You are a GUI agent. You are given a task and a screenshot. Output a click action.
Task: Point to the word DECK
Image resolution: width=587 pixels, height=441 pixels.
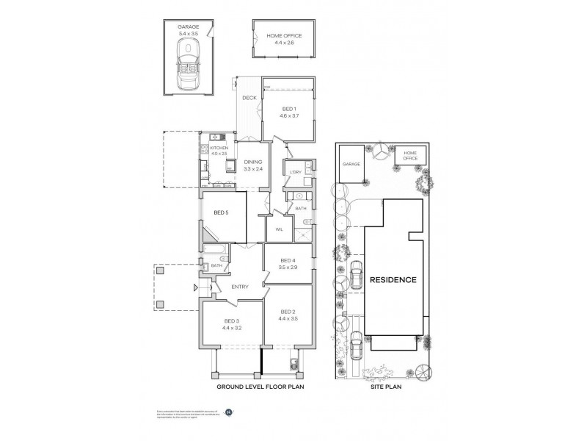(249, 98)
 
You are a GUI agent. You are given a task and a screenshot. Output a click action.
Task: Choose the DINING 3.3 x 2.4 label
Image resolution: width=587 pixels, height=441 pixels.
(253, 165)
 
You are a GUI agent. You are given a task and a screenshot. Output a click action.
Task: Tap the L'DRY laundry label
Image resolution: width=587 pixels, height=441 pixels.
(296, 172)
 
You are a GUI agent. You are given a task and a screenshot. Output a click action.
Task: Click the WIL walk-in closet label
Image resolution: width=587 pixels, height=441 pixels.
(279, 229)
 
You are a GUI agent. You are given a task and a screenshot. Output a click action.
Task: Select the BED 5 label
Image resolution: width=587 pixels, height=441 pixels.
(222, 213)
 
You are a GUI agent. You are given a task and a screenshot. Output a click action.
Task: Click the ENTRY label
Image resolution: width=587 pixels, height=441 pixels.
(240, 287)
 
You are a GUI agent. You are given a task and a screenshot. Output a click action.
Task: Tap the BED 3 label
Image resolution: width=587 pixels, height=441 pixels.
(232, 324)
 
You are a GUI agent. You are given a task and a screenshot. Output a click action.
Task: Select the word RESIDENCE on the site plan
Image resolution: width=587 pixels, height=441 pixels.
(393, 280)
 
